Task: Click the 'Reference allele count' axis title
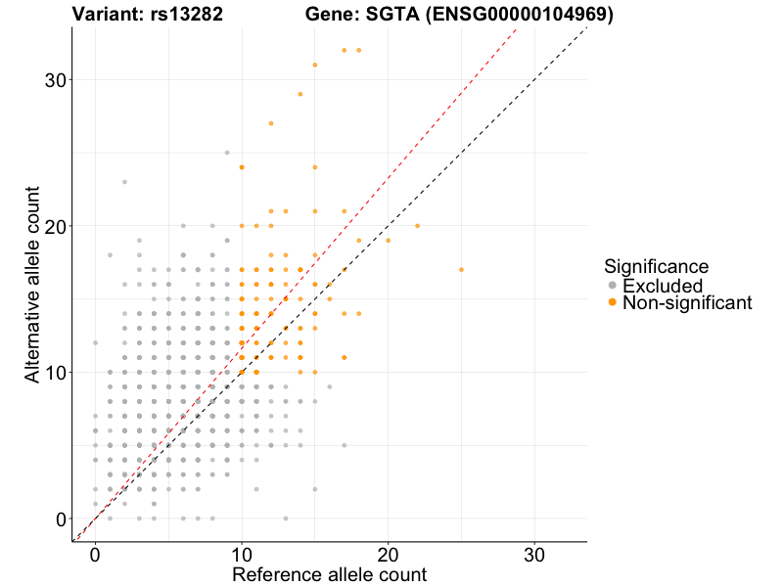(329, 574)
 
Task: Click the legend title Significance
(656, 266)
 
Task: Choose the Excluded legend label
(663, 286)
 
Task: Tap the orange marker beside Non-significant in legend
(613, 303)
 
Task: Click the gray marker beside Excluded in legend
(613, 286)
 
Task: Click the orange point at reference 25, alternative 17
(461, 269)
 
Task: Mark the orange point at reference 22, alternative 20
(417, 225)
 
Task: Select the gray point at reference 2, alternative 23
(124, 181)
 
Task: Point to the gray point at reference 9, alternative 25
(227, 152)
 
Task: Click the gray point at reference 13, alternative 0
(286, 519)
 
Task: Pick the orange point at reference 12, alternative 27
(271, 123)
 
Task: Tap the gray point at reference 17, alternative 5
(345, 445)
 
